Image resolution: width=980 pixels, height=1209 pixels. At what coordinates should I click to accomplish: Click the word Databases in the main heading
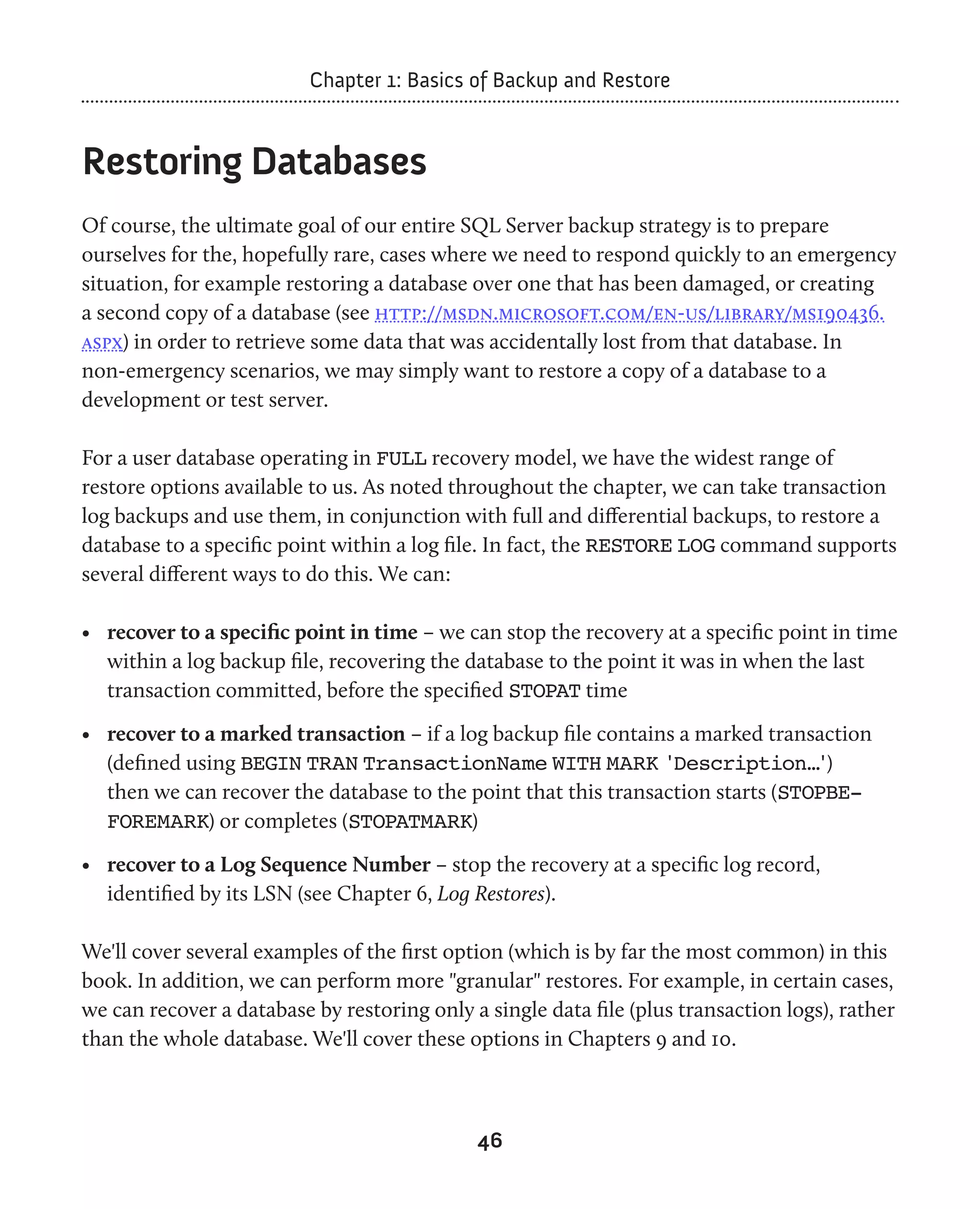[339, 162]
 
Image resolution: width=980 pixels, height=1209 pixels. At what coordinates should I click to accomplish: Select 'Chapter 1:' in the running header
[355, 80]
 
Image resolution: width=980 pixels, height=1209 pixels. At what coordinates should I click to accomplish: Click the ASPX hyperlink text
[102, 343]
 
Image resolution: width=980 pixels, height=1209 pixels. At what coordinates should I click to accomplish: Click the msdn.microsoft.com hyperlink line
[629, 313]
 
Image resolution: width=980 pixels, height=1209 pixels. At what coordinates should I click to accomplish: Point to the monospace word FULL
[401, 459]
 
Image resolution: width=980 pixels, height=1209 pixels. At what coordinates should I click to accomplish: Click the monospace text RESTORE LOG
[650, 546]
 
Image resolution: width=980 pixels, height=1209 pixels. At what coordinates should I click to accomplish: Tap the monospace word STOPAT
[544, 691]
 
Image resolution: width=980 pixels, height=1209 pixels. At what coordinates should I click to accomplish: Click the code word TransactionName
[455, 763]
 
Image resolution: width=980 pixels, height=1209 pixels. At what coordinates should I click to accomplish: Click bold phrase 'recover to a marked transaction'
[256, 734]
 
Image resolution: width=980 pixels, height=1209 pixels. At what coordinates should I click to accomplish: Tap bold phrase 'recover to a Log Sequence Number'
[269, 864]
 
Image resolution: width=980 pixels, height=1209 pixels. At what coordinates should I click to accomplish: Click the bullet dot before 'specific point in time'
[86, 634]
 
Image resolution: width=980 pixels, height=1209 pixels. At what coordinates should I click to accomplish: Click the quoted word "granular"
[494, 981]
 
